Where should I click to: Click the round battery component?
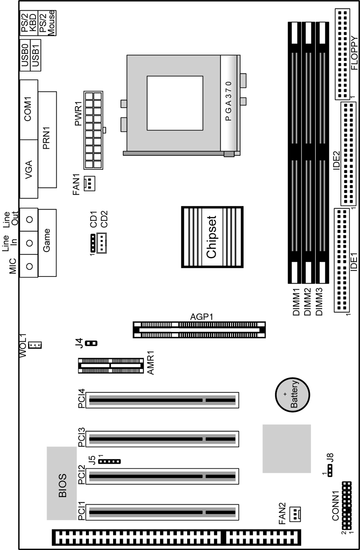point(292,395)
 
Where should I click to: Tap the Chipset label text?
point(211,237)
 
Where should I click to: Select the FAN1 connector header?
point(89,183)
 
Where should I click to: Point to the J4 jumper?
point(91,343)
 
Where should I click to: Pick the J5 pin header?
point(109,462)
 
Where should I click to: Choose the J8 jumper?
point(330,470)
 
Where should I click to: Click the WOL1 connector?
point(35,345)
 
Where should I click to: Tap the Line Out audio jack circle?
point(30,219)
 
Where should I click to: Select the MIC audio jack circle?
point(30,266)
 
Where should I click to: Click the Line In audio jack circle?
point(30,243)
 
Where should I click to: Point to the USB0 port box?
point(25,55)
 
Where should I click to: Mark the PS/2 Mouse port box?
point(47,23)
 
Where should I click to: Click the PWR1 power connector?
point(93,130)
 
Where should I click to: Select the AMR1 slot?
point(111,365)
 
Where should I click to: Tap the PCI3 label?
point(81,437)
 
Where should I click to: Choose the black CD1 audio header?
point(93,243)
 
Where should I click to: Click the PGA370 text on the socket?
point(228,101)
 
